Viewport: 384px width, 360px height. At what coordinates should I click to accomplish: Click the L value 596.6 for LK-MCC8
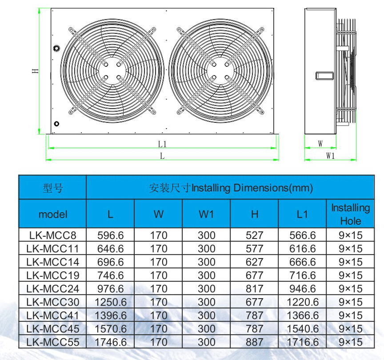point(111,235)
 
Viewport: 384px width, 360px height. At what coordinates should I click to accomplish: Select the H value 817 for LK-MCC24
point(255,289)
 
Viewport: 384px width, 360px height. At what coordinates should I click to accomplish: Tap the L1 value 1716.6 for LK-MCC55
point(303,342)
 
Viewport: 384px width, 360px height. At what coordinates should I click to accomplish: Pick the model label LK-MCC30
point(52,302)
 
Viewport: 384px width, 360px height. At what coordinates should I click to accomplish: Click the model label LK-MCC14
point(52,262)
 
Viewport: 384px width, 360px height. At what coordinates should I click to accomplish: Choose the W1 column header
point(206,214)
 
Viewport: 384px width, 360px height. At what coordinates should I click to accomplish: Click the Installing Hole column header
point(351,214)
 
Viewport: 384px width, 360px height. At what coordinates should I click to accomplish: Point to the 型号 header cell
point(52,188)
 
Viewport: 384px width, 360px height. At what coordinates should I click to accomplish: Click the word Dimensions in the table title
point(261,188)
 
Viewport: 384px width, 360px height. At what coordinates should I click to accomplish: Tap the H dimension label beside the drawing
point(36,71)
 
